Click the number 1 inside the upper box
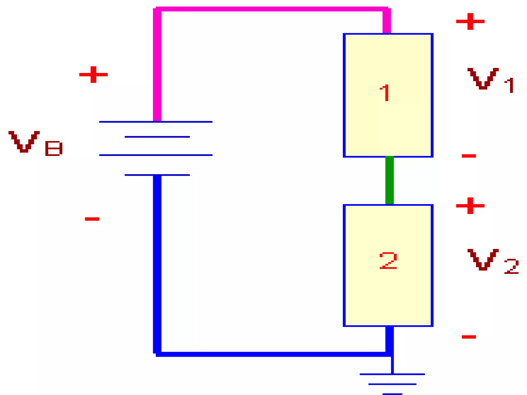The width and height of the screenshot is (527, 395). point(385,93)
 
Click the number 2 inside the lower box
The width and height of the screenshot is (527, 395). point(388,261)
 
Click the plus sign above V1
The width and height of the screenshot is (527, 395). point(470,21)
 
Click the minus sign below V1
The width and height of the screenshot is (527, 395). point(469,156)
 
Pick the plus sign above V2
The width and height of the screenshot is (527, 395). point(470,206)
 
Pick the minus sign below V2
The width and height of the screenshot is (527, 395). point(469,337)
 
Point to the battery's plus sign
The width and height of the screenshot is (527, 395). point(93,75)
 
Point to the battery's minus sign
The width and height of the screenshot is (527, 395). point(92,219)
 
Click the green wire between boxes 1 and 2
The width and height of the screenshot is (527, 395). point(389,180)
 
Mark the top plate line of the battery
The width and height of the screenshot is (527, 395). point(156,122)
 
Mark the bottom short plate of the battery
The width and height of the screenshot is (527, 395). point(157,175)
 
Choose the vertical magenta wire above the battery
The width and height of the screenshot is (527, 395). point(157,64)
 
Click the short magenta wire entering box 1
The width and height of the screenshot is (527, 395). point(387,22)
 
